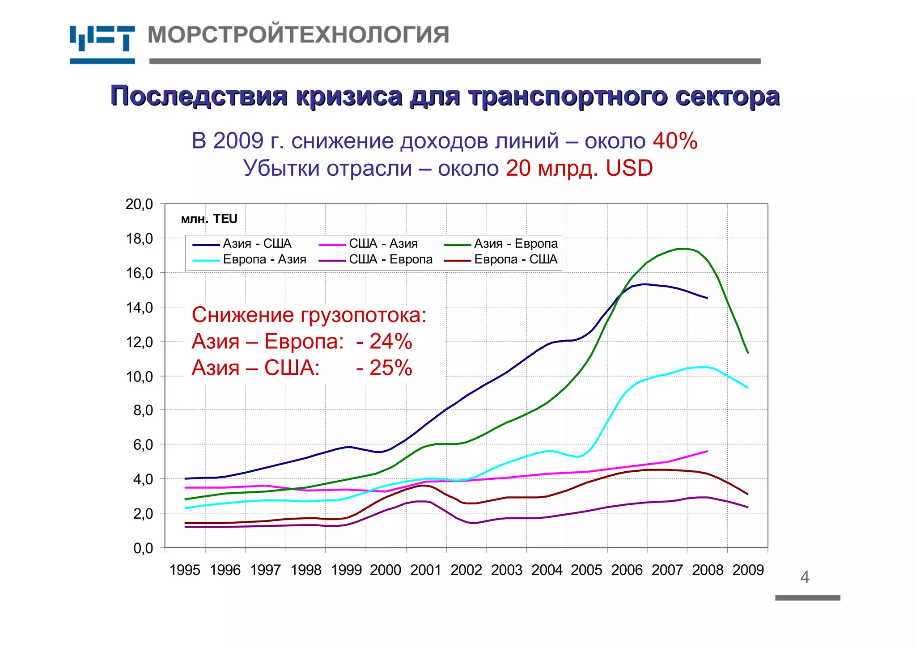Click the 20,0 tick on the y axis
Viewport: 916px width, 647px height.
coord(139,204)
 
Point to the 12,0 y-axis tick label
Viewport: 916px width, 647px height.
coord(139,343)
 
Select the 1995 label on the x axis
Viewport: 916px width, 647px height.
coord(185,570)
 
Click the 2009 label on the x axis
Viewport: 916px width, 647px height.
coord(748,570)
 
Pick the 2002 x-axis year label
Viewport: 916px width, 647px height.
coord(466,570)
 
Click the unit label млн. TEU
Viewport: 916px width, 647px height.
coord(209,219)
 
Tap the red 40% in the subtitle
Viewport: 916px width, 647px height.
coord(675,141)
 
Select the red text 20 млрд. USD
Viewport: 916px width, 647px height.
coord(579,169)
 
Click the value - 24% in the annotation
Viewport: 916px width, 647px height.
coord(384,342)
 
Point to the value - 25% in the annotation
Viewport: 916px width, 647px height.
coord(384,368)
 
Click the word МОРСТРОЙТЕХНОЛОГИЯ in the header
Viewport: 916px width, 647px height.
coord(298,35)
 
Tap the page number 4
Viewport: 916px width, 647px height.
coord(805,577)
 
